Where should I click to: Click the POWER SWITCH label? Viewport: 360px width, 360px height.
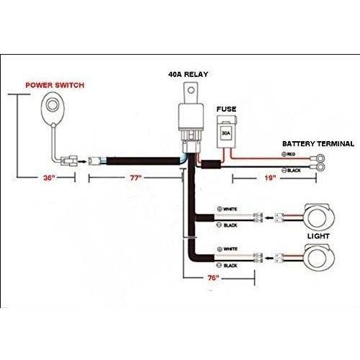point(55,85)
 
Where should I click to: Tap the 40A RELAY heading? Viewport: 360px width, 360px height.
point(188,74)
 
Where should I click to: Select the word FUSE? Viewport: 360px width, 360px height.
point(226,109)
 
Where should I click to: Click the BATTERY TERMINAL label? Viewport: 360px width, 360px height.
point(318,144)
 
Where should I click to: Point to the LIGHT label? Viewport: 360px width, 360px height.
point(318,236)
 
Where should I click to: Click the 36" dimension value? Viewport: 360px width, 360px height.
point(49,178)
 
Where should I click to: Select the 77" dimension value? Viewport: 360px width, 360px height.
point(136,178)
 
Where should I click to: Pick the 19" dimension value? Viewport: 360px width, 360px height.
point(270,178)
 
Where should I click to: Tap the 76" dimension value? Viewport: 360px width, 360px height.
point(213,278)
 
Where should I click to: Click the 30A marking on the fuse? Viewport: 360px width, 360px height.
point(226,132)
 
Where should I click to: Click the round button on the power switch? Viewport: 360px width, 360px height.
point(51,105)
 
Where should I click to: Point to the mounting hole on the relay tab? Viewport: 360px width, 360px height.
point(191,90)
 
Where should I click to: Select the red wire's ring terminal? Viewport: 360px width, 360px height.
point(318,158)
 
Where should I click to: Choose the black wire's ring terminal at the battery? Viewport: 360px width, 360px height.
point(318,167)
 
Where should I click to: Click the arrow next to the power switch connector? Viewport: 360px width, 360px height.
point(83,162)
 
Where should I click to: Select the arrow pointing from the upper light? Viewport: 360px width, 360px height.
point(270,218)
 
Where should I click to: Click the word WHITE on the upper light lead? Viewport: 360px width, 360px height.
point(230,210)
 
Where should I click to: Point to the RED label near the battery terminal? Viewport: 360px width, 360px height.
point(291,154)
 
